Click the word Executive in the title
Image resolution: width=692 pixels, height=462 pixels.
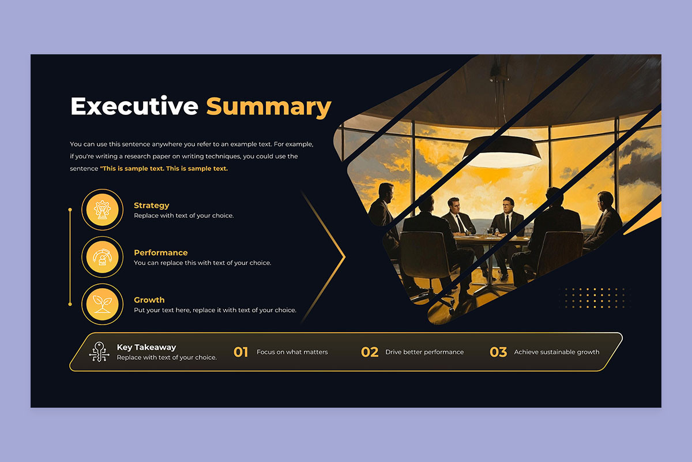tap(134, 106)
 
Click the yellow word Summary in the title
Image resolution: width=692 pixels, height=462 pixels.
tap(269, 107)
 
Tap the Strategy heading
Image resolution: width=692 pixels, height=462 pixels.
tap(151, 206)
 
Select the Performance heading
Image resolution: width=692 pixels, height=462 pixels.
tap(161, 252)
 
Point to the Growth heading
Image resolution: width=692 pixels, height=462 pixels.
tap(149, 300)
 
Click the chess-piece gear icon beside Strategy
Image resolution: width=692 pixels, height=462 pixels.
tap(102, 210)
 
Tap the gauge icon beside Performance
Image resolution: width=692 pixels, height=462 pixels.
tap(102, 257)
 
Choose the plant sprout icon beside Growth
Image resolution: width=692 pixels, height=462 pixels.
tap(102, 304)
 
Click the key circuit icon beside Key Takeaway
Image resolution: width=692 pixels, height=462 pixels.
tap(99, 352)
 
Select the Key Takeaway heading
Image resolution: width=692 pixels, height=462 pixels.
tap(146, 347)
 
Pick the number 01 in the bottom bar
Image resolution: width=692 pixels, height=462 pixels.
tap(240, 352)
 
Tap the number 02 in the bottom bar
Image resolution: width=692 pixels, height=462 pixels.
tap(370, 352)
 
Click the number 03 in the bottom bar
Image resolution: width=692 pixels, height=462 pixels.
tap(498, 352)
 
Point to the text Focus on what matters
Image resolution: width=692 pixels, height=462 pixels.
tap(292, 352)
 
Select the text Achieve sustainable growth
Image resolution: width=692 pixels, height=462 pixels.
tap(556, 352)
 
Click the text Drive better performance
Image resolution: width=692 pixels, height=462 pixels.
tap(424, 352)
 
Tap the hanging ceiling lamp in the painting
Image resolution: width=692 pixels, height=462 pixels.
tap(503, 151)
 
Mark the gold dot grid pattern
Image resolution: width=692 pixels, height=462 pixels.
tap(595, 298)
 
